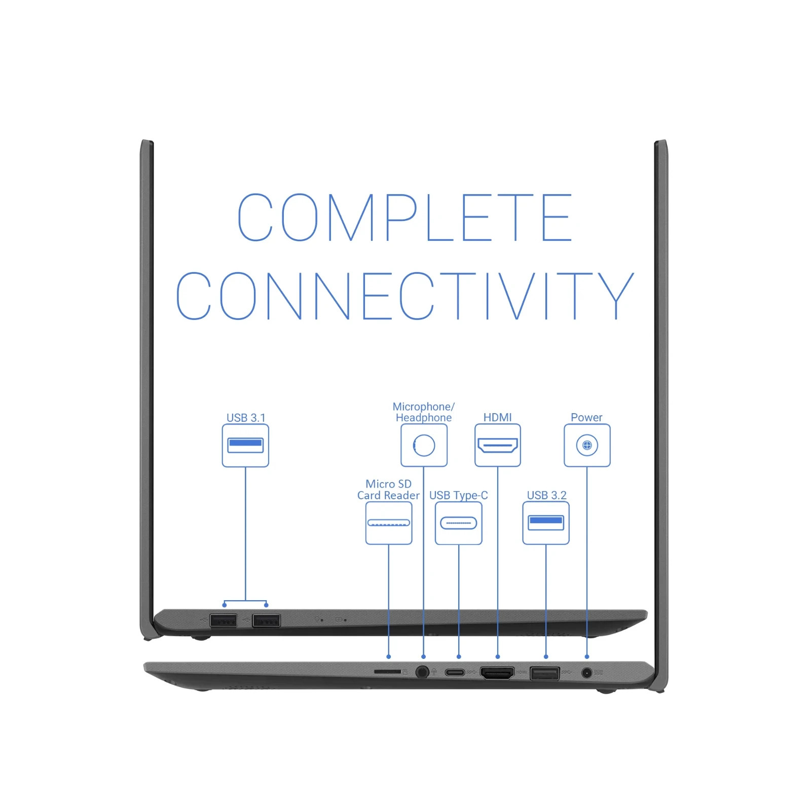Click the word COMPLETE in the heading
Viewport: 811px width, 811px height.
404,217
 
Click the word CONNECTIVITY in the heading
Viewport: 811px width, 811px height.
405,296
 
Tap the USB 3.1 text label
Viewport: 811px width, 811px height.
246,418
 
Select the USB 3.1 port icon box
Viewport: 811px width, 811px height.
245,446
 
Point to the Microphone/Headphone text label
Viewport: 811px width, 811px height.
424,412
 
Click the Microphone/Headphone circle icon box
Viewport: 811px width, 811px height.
424,446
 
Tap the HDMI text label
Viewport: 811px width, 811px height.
497,417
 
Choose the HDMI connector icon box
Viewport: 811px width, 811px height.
498,446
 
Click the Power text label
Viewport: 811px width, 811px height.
586,417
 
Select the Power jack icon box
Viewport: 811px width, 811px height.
587,446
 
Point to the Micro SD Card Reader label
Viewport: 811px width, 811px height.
388,490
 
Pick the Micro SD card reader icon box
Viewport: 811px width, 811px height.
389,523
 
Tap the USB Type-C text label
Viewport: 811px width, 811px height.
459,495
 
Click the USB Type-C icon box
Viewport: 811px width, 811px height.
459,523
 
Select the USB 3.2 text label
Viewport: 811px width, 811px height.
546,495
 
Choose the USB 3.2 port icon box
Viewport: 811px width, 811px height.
546,523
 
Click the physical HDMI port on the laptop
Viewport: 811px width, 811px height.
497,673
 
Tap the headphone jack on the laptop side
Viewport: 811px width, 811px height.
422,672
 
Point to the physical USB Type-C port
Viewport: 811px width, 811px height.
455,673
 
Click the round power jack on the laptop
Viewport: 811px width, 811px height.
586,673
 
